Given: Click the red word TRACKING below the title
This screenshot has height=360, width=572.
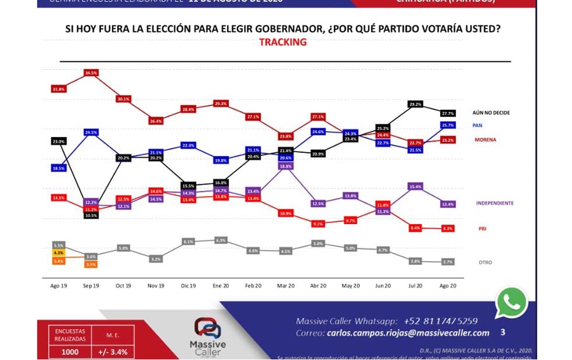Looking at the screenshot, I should tap(282, 42).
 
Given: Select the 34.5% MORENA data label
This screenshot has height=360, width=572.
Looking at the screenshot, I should tap(91, 73).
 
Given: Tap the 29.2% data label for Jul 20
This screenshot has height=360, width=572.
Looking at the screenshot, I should tap(416, 104).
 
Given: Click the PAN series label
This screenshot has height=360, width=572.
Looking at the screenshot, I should tap(477, 125).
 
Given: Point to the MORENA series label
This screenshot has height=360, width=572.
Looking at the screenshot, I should tap(485, 140).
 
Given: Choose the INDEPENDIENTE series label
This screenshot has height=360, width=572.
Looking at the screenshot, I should tap(494, 203).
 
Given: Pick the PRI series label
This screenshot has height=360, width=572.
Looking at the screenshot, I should tap(482, 229).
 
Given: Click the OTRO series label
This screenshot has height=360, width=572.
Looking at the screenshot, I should tap(485, 263).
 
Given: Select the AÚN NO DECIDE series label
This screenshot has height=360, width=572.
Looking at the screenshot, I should tap(491, 113).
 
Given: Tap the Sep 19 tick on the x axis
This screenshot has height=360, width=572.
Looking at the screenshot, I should tap(91, 286).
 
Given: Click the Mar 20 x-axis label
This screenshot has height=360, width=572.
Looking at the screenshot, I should tap(285, 286).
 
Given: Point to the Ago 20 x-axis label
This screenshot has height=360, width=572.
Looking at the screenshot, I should tap(448, 286).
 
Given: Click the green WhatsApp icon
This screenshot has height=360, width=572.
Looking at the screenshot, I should tap(511, 303).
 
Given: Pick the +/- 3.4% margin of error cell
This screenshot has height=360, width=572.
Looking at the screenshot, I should tap(112, 352).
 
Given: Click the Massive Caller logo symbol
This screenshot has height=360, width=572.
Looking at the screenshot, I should tap(208, 328).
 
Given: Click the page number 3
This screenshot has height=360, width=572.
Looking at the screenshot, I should tap(503, 333).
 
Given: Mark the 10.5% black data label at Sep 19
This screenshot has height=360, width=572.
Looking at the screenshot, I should tap(91, 215).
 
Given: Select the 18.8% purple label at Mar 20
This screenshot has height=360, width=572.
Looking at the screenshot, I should tap(285, 166).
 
